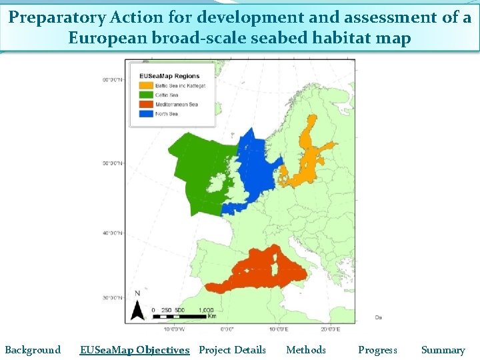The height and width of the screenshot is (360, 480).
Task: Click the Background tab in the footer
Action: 33,350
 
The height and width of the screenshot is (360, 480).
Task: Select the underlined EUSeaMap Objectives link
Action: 135,350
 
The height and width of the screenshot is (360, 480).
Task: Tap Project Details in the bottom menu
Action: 232,350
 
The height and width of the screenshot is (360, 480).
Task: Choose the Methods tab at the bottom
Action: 306,350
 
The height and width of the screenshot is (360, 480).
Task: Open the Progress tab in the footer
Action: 377,350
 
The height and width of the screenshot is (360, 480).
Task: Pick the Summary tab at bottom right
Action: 443,350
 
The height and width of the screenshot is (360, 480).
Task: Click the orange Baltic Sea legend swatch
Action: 145,86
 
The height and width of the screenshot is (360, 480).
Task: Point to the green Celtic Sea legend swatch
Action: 145,95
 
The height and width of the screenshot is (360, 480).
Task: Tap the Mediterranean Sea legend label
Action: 176,105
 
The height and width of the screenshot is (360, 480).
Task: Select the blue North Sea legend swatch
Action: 145,114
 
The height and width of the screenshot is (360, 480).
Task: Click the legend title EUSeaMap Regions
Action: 169,76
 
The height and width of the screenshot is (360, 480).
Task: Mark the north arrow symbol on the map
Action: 137,307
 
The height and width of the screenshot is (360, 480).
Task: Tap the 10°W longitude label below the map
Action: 174,329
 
